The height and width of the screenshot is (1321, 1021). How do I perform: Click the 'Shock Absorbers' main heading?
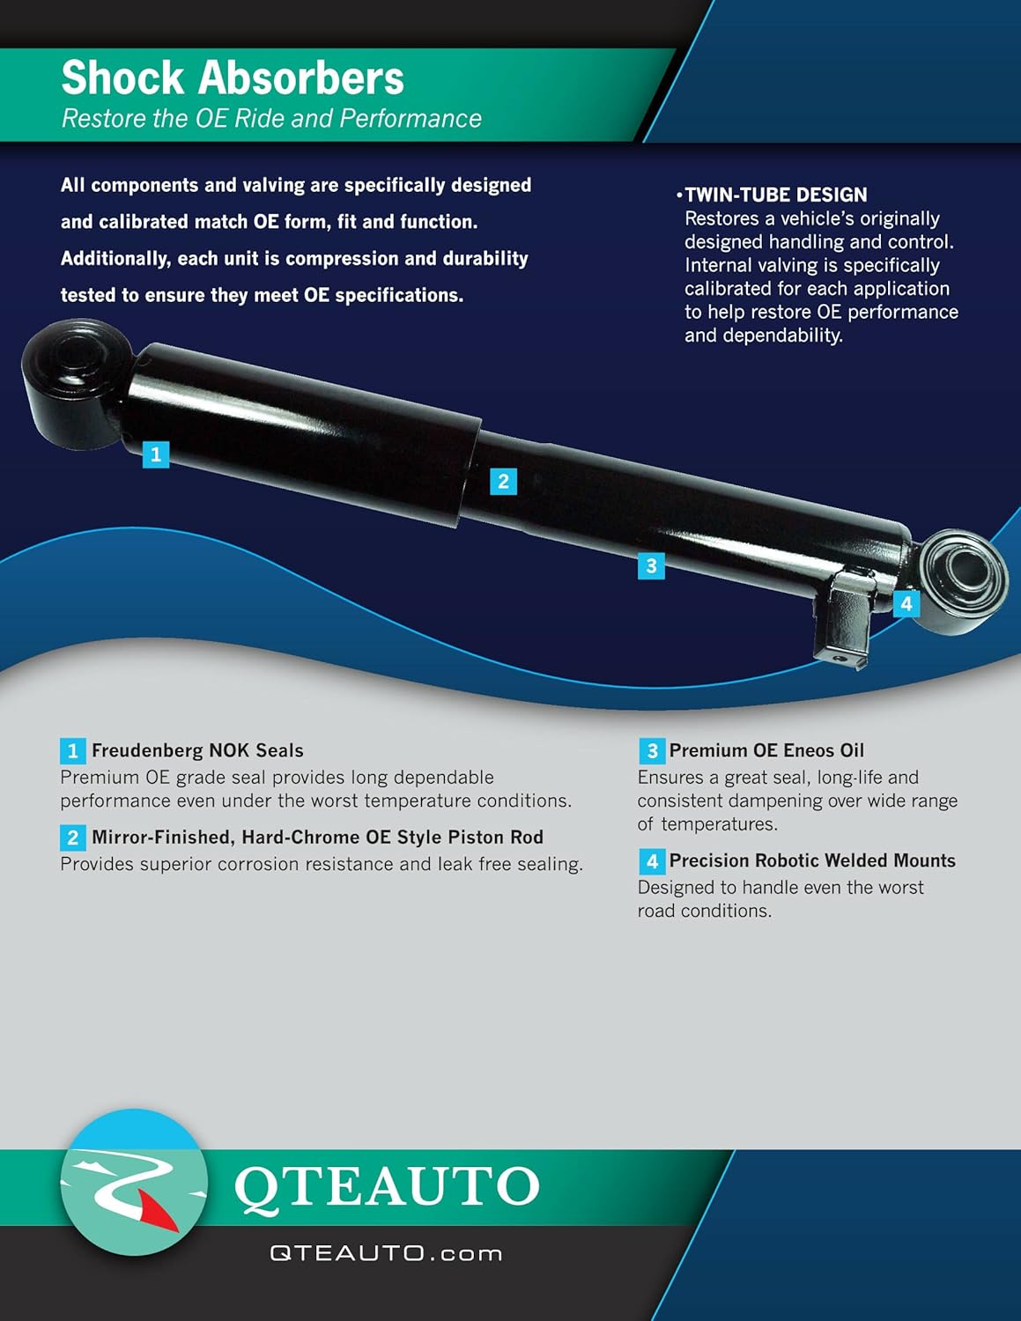pos(233,77)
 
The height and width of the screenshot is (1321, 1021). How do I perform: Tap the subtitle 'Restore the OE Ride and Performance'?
pos(271,119)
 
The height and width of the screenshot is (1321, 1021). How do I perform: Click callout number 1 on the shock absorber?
pos(156,454)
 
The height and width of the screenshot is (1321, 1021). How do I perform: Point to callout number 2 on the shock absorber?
pos(504,482)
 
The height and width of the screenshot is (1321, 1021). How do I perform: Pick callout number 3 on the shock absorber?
pos(651,566)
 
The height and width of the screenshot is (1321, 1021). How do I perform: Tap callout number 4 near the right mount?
pos(906,603)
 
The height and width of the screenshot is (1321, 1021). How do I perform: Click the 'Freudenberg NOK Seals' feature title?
pos(197,750)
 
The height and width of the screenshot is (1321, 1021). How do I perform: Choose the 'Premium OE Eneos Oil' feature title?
pos(766,750)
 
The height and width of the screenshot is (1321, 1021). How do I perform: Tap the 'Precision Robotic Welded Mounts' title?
pos(812,860)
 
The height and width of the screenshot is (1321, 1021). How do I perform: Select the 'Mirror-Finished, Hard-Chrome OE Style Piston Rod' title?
pos(317,838)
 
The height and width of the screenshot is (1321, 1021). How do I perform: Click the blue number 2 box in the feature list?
pos(73,838)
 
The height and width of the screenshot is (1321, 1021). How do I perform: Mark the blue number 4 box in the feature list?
pos(652,860)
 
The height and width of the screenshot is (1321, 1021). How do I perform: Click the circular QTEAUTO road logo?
pos(134,1183)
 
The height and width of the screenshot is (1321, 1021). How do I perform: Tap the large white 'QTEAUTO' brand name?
pos(387,1187)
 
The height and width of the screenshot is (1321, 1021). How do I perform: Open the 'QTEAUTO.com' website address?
pos(386,1253)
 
